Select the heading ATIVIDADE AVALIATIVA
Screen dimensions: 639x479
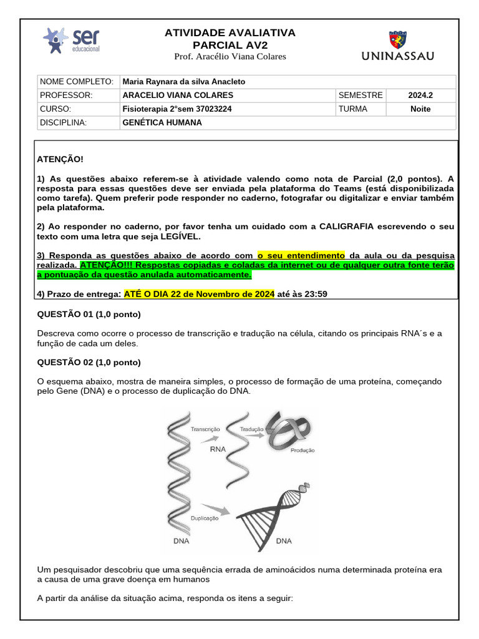click(230, 32)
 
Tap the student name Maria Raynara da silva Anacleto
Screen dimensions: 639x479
click(184, 82)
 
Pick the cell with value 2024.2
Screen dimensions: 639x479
click(420, 95)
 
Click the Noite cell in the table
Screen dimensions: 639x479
click(420, 109)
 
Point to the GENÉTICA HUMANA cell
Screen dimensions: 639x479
click(163, 122)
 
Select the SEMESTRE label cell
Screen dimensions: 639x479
click(360, 95)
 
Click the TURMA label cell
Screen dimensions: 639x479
click(353, 109)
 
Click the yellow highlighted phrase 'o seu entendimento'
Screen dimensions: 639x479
click(301, 255)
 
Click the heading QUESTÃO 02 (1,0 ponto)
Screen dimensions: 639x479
click(89, 363)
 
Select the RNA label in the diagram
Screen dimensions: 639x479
click(218, 449)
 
